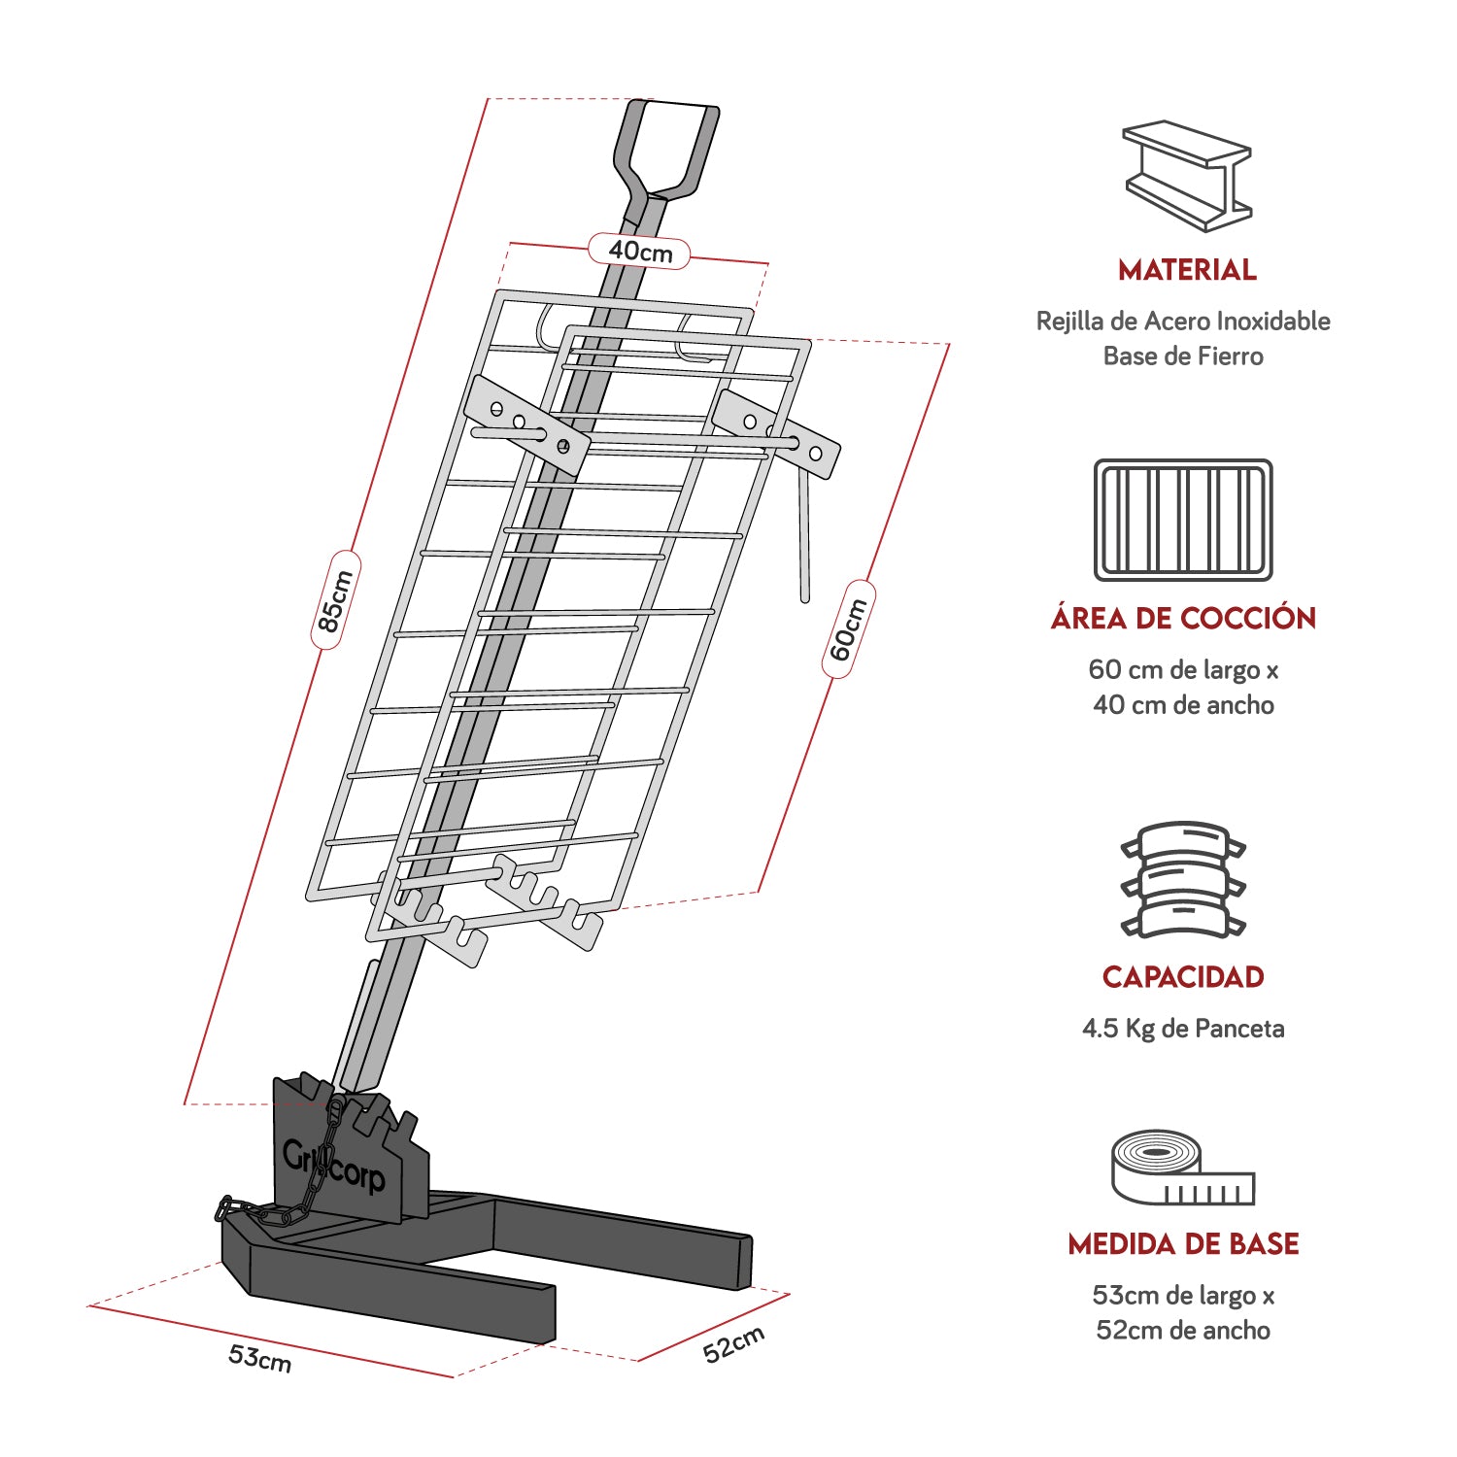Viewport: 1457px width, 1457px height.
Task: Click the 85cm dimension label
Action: tap(335, 600)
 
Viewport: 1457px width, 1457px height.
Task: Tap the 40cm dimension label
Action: tap(640, 252)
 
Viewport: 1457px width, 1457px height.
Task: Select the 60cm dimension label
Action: tap(848, 629)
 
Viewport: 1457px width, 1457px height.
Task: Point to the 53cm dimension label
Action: tap(259, 1356)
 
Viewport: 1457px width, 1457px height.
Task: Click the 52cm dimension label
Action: tap(733, 1343)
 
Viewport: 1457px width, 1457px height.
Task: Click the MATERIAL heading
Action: tap(1186, 270)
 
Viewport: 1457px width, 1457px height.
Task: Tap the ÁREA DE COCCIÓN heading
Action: tap(1183, 619)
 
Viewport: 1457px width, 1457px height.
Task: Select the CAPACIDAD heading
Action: tap(1183, 977)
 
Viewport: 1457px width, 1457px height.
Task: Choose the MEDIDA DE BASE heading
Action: tap(1183, 1244)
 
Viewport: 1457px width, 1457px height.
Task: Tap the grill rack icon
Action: tap(1183, 521)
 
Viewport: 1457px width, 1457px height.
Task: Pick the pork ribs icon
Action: tap(1183, 880)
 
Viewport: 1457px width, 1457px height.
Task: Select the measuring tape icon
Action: tap(1181, 1168)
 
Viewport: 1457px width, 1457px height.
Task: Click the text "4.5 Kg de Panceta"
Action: tap(1183, 1029)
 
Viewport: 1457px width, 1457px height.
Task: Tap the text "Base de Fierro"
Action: tap(1183, 356)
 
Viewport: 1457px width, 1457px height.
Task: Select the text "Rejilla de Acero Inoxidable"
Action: tap(1183, 322)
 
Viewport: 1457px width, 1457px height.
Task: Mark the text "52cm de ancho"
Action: tap(1183, 1331)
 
